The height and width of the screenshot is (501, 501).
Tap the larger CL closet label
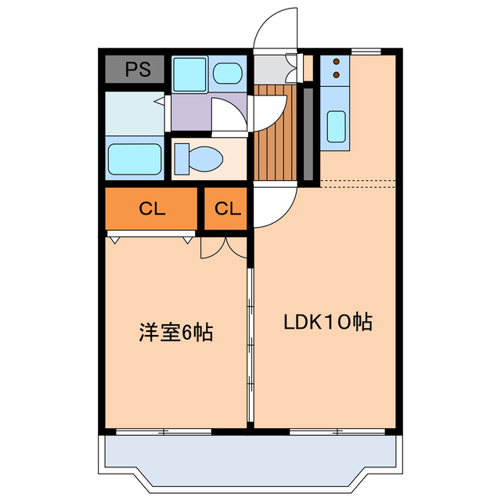(x=151, y=209)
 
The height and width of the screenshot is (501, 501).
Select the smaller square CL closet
(x=227, y=209)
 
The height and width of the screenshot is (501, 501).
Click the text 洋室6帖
(x=176, y=333)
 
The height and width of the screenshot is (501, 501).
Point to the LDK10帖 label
(x=327, y=322)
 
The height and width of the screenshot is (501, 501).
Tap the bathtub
(x=134, y=158)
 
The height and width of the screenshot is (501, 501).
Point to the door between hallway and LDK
(x=274, y=205)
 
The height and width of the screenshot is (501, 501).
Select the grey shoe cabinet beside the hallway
(x=308, y=133)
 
